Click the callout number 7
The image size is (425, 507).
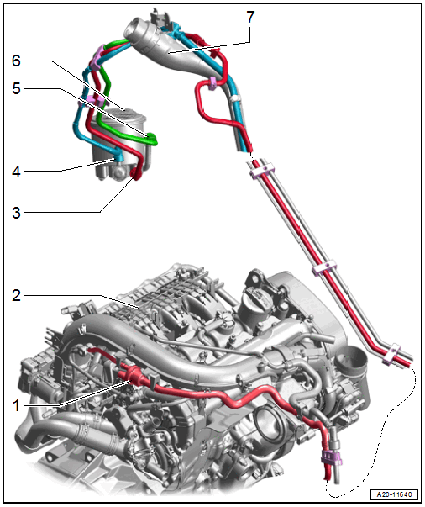[x=250, y=17]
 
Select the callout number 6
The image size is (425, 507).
[x=16, y=61]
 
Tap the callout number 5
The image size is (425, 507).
[x=16, y=88]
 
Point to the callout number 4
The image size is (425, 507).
[x=16, y=172]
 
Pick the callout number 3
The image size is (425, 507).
[x=16, y=213]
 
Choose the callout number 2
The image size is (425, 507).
[x=16, y=295]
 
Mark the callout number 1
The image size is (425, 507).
[x=16, y=405]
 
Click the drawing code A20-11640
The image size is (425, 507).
[x=394, y=494]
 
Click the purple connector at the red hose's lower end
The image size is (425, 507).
[x=331, y=458]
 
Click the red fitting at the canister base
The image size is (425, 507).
[x=135, y=173]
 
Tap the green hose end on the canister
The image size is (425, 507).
[x=151, y=139]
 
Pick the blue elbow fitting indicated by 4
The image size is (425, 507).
[x=118, y=157]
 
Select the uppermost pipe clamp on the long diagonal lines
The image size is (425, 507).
[x=261, y=170]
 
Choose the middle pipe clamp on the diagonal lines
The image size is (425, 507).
[x=324, y=267]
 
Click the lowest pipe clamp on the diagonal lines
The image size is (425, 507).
[x=391, y=354]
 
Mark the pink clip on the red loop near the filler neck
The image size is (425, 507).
[x=212, y=82]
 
